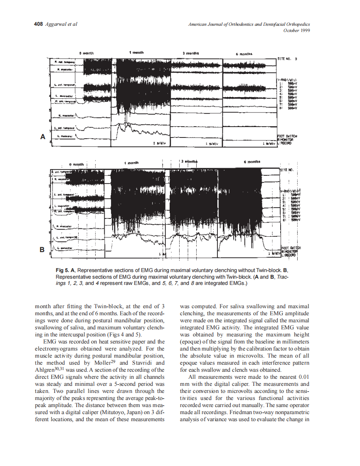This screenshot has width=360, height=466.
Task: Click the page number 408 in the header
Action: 38,24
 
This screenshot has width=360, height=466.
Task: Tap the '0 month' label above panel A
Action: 87,53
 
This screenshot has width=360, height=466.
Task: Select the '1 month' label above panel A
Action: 136,53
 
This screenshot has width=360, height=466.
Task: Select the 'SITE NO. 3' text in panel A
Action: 287,59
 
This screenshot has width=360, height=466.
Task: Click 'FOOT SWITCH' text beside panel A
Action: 287,136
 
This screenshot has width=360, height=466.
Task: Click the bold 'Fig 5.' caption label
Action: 62,270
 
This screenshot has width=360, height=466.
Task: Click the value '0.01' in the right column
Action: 304,377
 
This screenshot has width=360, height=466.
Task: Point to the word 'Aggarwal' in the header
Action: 56,24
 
